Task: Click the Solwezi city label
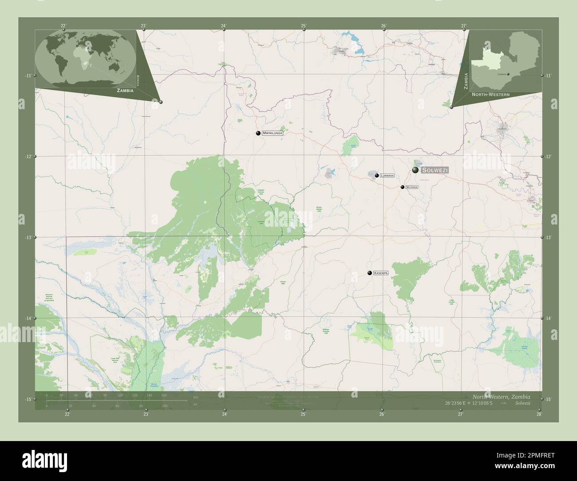point(435,170)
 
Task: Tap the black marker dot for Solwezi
point(415,170)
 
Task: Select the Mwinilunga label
point(272,133)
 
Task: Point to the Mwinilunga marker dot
point(258,133)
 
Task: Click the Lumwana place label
point(387,176)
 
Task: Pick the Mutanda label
point(412,187)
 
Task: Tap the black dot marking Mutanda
point(402,187)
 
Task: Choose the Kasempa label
point(381,273)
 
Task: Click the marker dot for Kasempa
point(369,273)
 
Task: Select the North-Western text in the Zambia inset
point(490,95)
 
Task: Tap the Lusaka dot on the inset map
point(509,74)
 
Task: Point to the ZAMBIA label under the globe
point(125,90)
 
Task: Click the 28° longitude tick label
point(539,414)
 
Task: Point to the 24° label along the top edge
point(224,26)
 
